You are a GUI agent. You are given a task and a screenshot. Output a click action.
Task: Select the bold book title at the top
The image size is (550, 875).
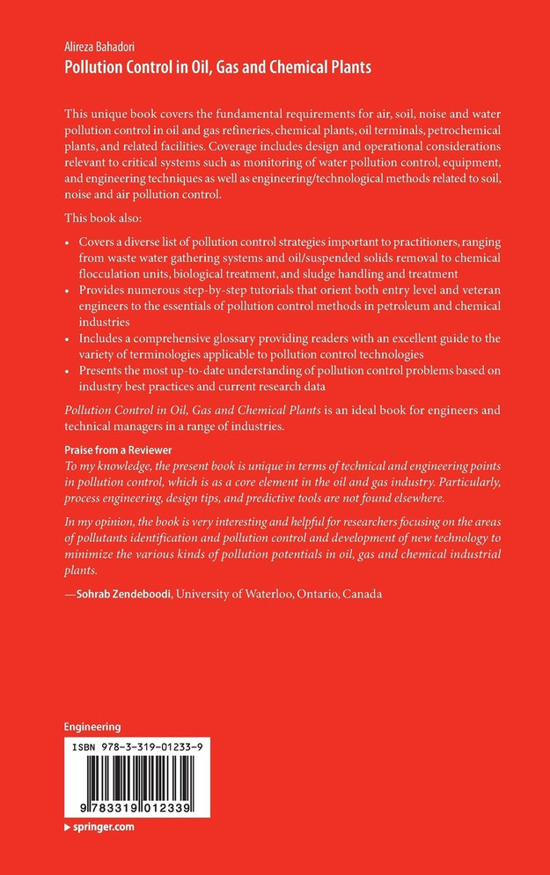(x=217, y=67)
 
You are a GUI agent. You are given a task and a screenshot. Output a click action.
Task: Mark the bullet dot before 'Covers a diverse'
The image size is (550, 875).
(x=69, y=241)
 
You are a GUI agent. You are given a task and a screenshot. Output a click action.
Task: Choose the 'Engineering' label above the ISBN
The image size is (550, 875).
(x=92, y=726)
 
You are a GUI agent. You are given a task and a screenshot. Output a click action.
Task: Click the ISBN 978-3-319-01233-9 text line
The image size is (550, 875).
(x=129, y=745)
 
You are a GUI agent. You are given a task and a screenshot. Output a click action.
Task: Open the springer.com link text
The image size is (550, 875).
(x=103, y=827)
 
